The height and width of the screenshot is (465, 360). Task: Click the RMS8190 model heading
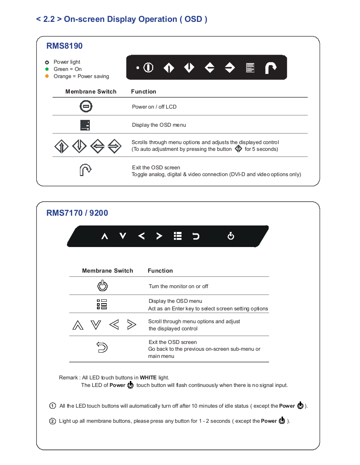64,46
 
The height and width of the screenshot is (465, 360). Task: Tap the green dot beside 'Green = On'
47,69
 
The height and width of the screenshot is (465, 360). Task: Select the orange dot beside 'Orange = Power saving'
47,76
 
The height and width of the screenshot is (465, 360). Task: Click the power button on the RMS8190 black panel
148,68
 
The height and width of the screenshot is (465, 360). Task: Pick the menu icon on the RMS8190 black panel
250,68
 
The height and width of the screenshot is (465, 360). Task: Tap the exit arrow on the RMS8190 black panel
271,68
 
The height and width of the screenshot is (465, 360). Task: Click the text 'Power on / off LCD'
154,107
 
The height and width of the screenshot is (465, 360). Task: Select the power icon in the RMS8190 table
86,106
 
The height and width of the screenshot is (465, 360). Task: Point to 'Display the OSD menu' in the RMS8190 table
159,125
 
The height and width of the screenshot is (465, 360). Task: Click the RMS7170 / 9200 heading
77,213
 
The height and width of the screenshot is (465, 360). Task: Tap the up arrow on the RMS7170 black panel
105,236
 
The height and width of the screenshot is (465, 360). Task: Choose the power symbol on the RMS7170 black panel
231,236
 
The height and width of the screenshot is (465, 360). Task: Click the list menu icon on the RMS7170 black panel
178,236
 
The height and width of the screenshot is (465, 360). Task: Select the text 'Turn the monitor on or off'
178,286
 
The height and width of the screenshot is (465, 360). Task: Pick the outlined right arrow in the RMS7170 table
131,325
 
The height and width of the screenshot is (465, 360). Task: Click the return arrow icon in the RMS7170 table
102,347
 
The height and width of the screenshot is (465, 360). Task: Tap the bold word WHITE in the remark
148,378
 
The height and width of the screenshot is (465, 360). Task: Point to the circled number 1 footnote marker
52,406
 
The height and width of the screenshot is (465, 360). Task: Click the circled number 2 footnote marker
52,421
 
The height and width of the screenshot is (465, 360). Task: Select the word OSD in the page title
193,19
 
